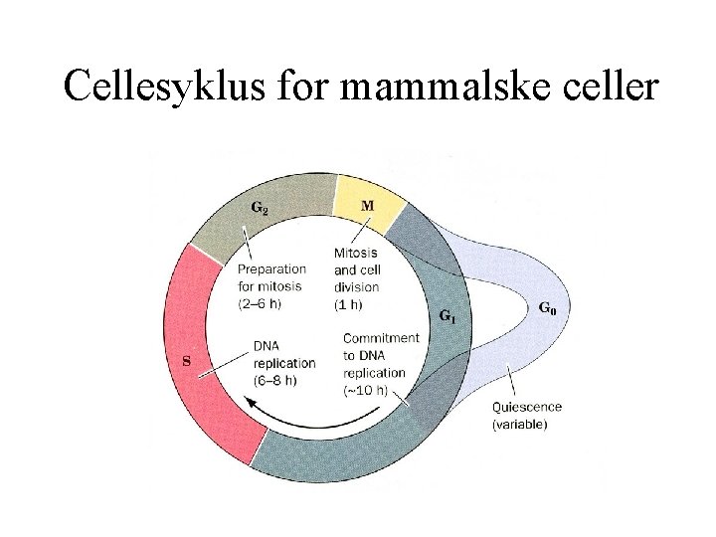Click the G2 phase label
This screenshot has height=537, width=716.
click(259, 209)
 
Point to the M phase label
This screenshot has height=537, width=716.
click(367, 206)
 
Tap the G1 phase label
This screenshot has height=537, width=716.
click(449, 316)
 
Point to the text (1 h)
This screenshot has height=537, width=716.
click(348, 304)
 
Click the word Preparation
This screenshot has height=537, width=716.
click(271, 268)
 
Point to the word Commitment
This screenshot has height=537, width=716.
click(381, 338)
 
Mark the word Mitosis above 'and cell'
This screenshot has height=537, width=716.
click(355, 253)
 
